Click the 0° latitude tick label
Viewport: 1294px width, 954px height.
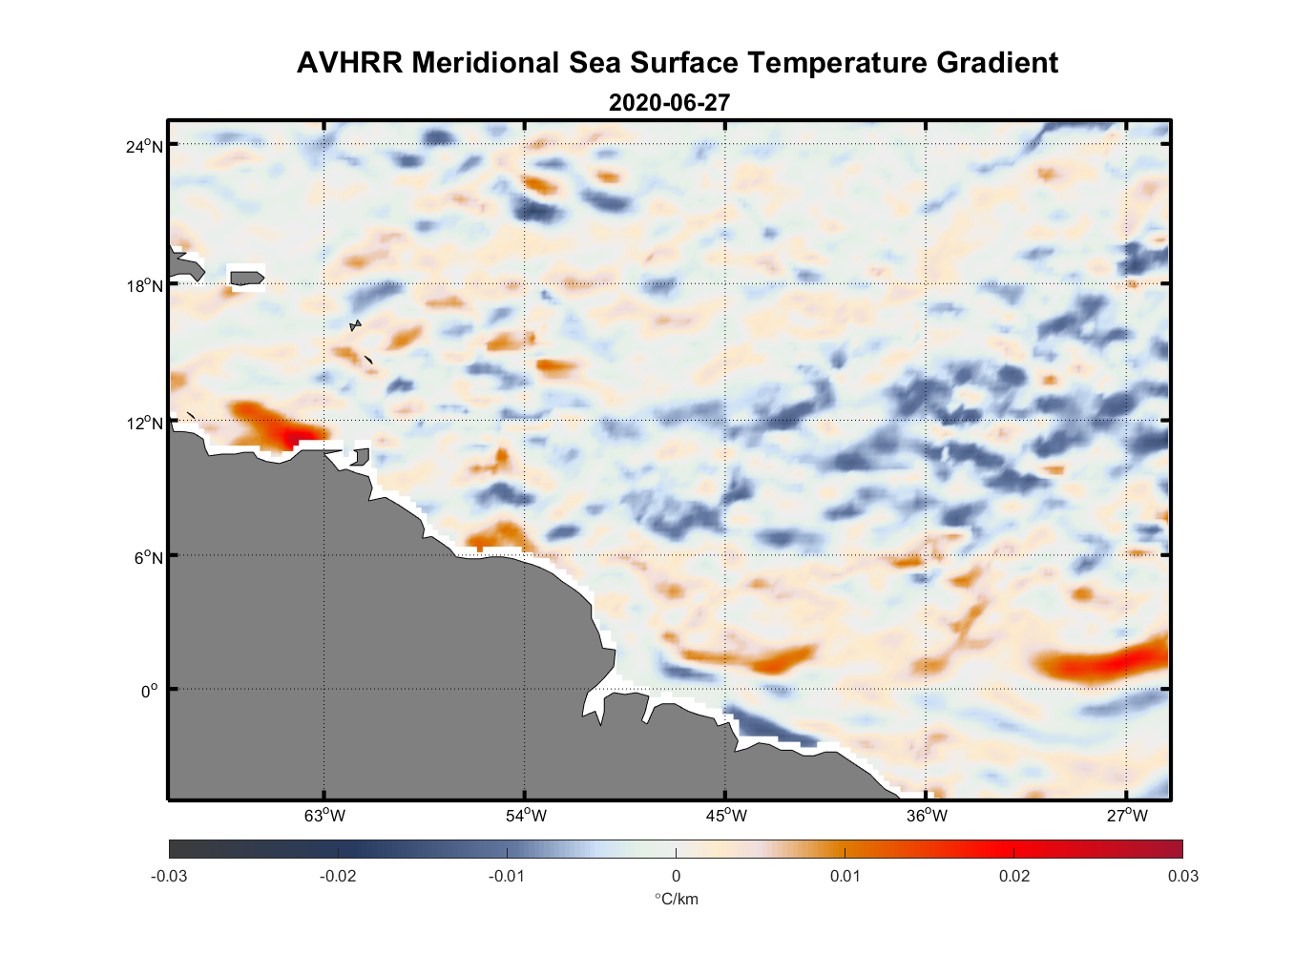(x=149, y=691)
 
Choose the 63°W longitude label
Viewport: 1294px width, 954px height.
(x=324, y=816)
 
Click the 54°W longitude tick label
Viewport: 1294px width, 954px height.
(x=526, y=816)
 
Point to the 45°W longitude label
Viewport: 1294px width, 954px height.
(x=726, y=816)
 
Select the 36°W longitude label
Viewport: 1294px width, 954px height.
(x=927, y=816)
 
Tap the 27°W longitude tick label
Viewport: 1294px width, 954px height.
(x=1127, y=816)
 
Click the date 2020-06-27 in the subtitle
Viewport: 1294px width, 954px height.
(x=669, y=103)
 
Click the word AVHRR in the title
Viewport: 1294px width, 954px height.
(x=349, y=63)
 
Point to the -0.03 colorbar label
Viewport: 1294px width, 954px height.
(x=169, y=876)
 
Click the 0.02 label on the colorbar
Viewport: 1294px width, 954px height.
(x=1013, y=876)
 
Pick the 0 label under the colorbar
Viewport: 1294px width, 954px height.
(x=676, y=876)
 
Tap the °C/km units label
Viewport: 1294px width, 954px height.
(x=676, y=899)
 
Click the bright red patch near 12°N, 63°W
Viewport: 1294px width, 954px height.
(x=291, y=435)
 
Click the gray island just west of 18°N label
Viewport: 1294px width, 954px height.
(x=246, y=278)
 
